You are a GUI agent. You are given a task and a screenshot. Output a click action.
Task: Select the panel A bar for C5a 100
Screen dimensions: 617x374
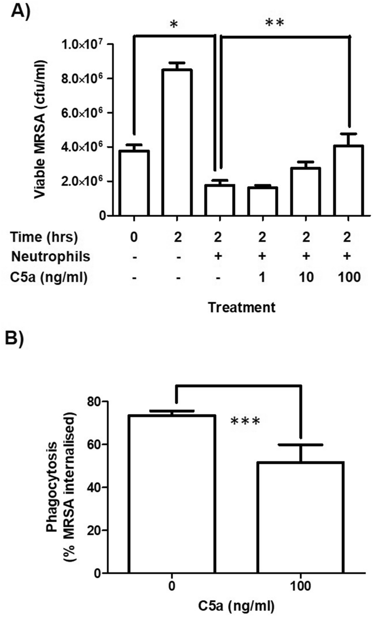click(348, 181)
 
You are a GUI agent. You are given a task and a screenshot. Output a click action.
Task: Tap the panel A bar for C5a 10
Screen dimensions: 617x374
click(306, 192)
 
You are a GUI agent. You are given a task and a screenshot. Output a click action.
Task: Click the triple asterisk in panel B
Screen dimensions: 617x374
click(245, 422)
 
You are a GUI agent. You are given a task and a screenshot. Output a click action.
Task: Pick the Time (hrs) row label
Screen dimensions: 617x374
click(44, 237)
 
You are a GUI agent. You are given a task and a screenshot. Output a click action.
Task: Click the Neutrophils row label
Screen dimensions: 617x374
click(51, 257)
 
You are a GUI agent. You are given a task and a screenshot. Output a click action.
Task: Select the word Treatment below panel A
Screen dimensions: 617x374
click(242, 307)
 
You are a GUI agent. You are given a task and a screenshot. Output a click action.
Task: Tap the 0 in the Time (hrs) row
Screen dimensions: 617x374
click(134, 237)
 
